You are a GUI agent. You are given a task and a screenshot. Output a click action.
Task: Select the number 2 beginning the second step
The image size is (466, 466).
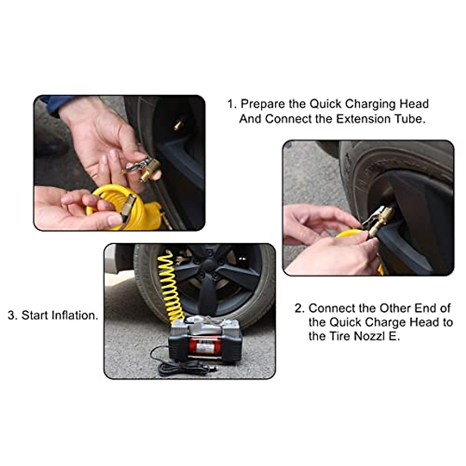[299, 309]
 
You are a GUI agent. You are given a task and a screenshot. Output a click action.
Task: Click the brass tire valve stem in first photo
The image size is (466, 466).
[178, 125]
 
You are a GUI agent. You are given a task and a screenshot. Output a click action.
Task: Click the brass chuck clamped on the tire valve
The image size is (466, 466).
[383, 219]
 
